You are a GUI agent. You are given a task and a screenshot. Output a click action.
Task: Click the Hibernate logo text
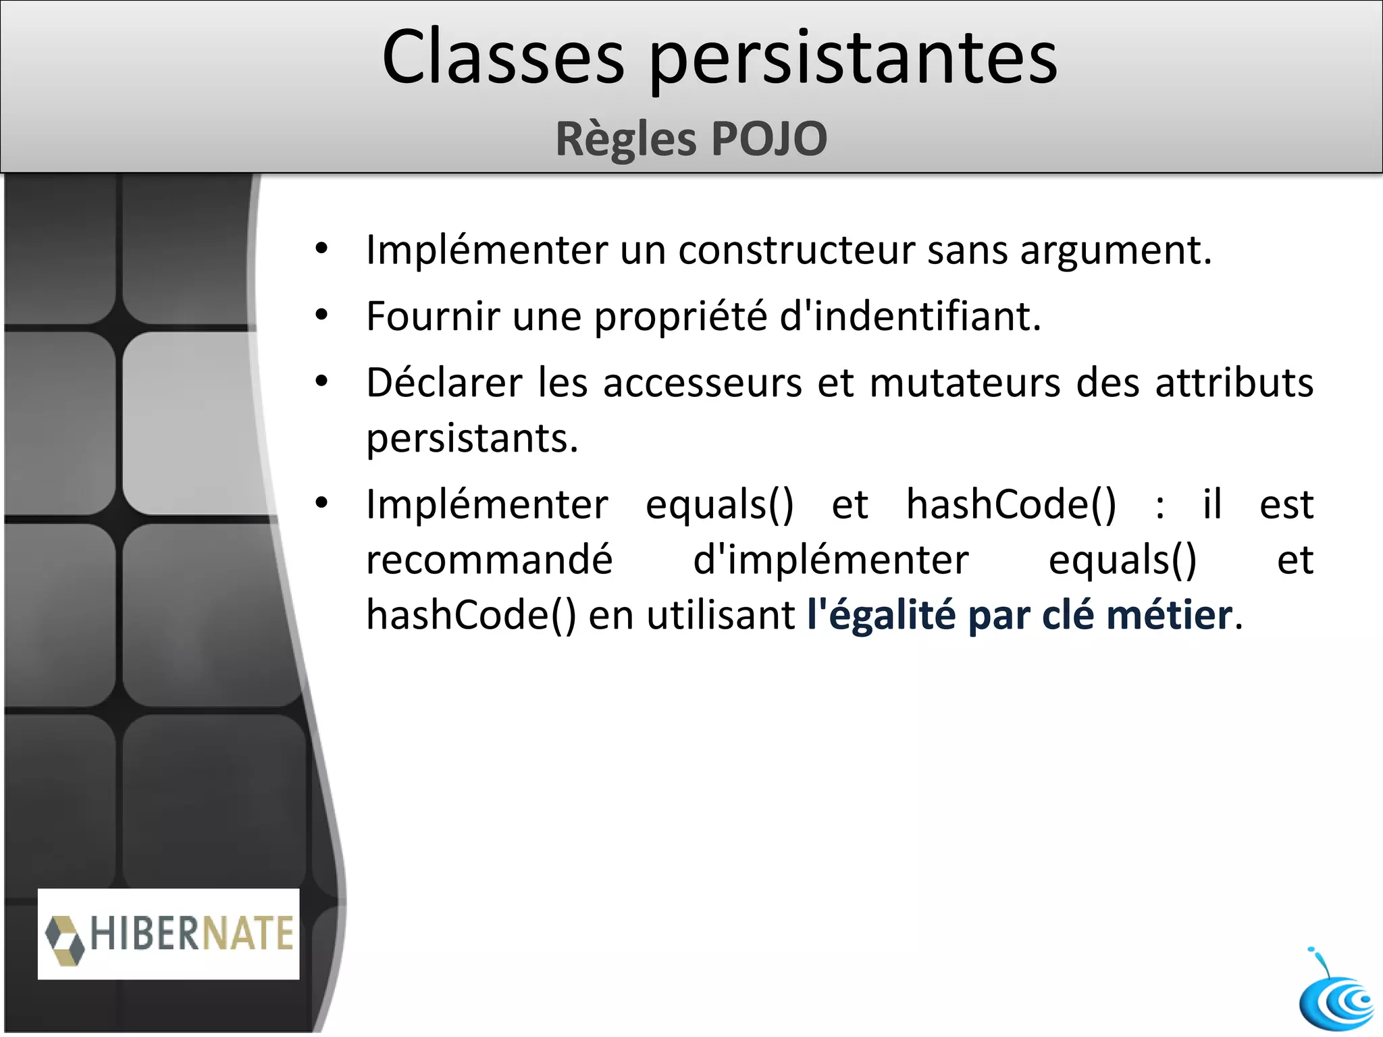point(192,934)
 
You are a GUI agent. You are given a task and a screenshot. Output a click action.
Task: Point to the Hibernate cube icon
point(65,939)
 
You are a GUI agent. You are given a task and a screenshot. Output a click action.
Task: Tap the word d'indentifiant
point(910,316)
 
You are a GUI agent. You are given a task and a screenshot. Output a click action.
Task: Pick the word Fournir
point(433,316)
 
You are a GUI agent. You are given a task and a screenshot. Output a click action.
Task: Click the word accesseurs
point(702,383)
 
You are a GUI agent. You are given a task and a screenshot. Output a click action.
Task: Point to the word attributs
point(1234,383)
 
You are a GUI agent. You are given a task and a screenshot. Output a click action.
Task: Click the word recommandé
point(489,560)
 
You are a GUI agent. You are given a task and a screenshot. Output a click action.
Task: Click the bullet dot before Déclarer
point(321,382)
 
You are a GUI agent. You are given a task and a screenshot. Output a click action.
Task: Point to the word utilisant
point(721,615)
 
